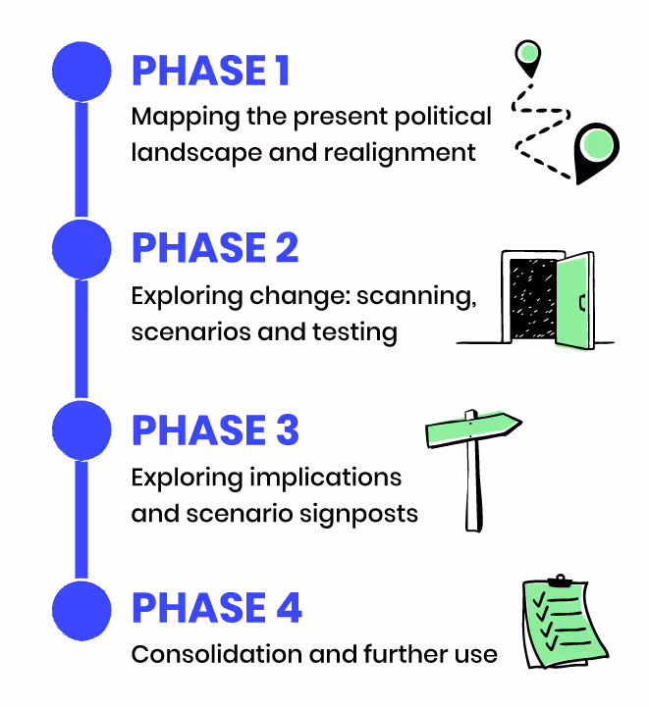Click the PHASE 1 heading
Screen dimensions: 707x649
tap(211, 71)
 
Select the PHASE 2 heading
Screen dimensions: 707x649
tap(215, 249)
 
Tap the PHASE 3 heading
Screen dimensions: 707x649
tap(215, 431)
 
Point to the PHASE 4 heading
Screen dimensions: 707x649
tap(216, 608)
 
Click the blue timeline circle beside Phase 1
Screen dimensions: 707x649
tap(81, 71)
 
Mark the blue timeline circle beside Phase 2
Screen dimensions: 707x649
tap(81, 249)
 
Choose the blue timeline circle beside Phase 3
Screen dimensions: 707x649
tap(81, 431)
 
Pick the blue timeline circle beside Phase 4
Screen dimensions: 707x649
tap(81, 608)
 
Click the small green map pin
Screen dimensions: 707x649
tap(528, 56)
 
